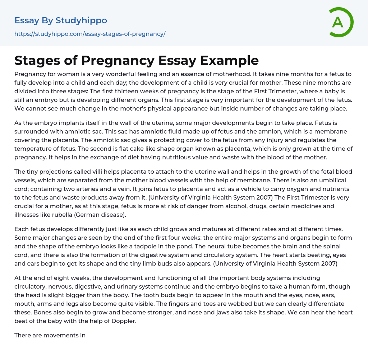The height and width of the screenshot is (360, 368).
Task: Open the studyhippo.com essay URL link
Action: [x=90, y=34]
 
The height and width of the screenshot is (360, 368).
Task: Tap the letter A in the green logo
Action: [x=337, y=22]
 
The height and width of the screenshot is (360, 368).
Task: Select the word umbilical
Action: [x=336, y=180]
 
